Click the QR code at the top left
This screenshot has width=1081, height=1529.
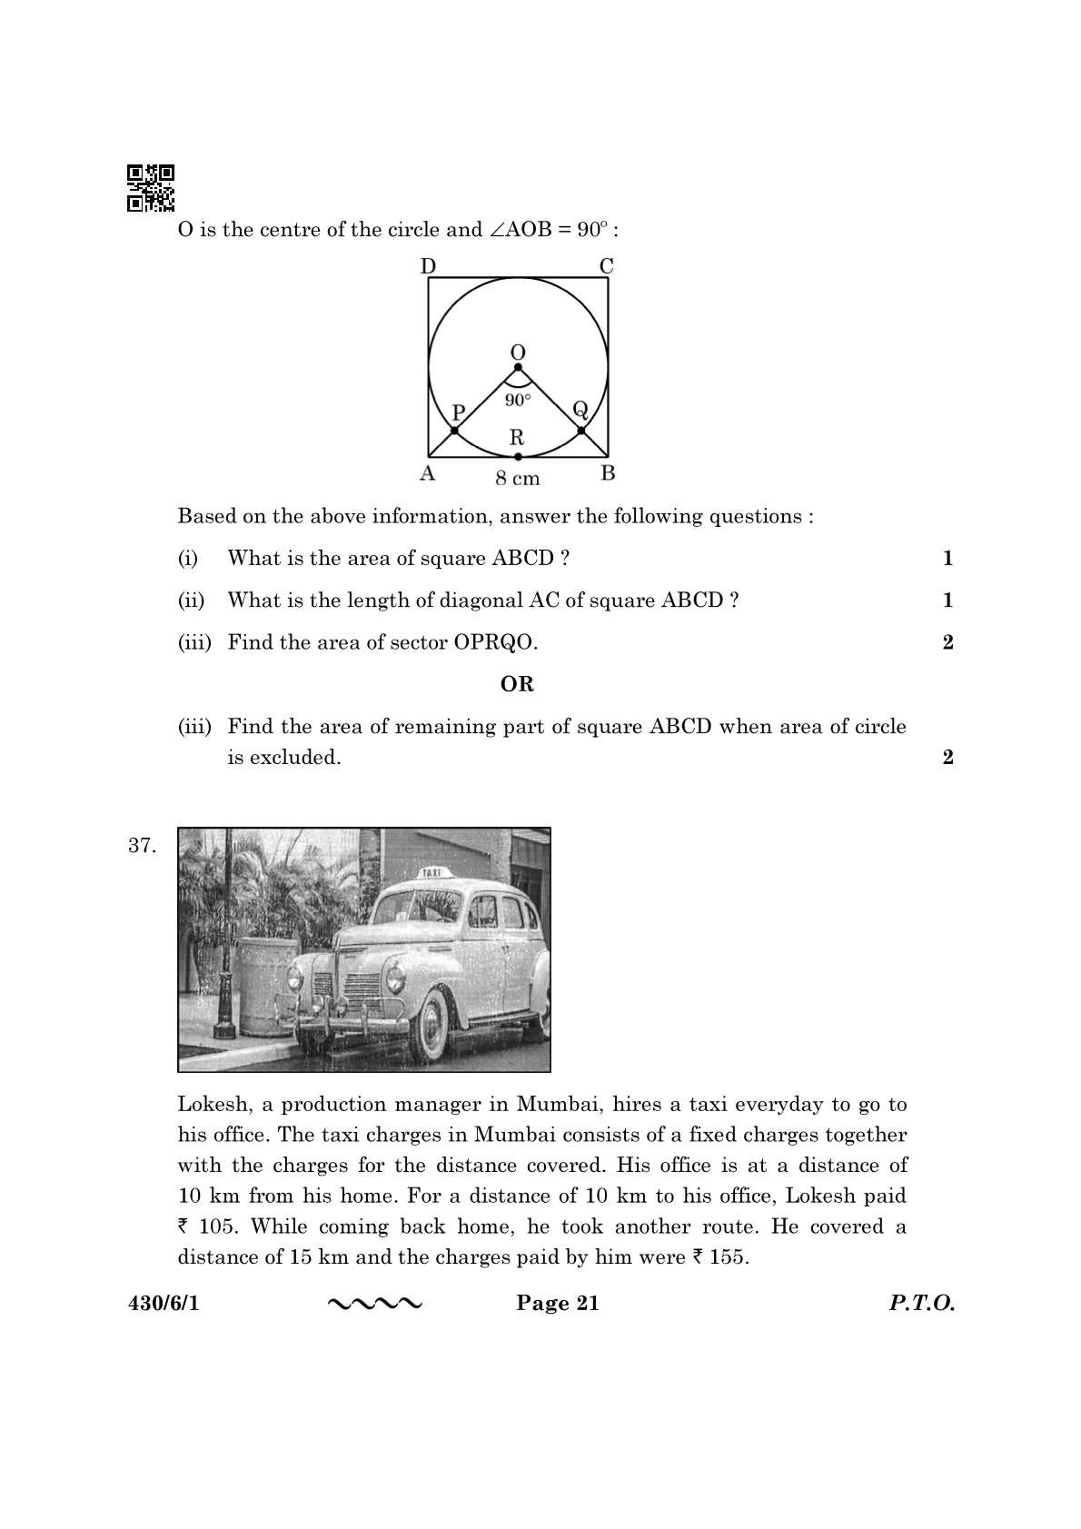[x=150, y=187]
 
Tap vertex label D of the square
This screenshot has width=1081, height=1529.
[x=428, y=265]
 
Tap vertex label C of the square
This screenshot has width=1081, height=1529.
[x=606, y=265]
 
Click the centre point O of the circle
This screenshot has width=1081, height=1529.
[x=518, y=367]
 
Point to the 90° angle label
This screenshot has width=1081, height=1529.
[x=518, y=400]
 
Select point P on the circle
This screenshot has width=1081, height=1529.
[x=455, y=429]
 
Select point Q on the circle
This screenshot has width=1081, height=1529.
[x=581, y=429]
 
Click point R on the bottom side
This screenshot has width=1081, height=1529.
[x=518, y=456]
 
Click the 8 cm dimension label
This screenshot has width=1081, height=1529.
[x=517, y=478]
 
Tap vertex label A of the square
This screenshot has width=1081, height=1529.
[x=427, y=473]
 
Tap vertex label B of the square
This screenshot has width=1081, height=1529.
[x=609, y=473]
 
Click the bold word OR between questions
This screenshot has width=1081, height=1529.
[x=517, y=684]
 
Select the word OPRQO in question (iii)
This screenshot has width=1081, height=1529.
[x=495, y=642]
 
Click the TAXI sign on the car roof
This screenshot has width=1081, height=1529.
[x=432, y=872]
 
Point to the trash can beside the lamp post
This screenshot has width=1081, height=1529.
[x=267, y=986]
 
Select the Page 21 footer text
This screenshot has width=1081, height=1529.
[x=558, y=1304]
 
